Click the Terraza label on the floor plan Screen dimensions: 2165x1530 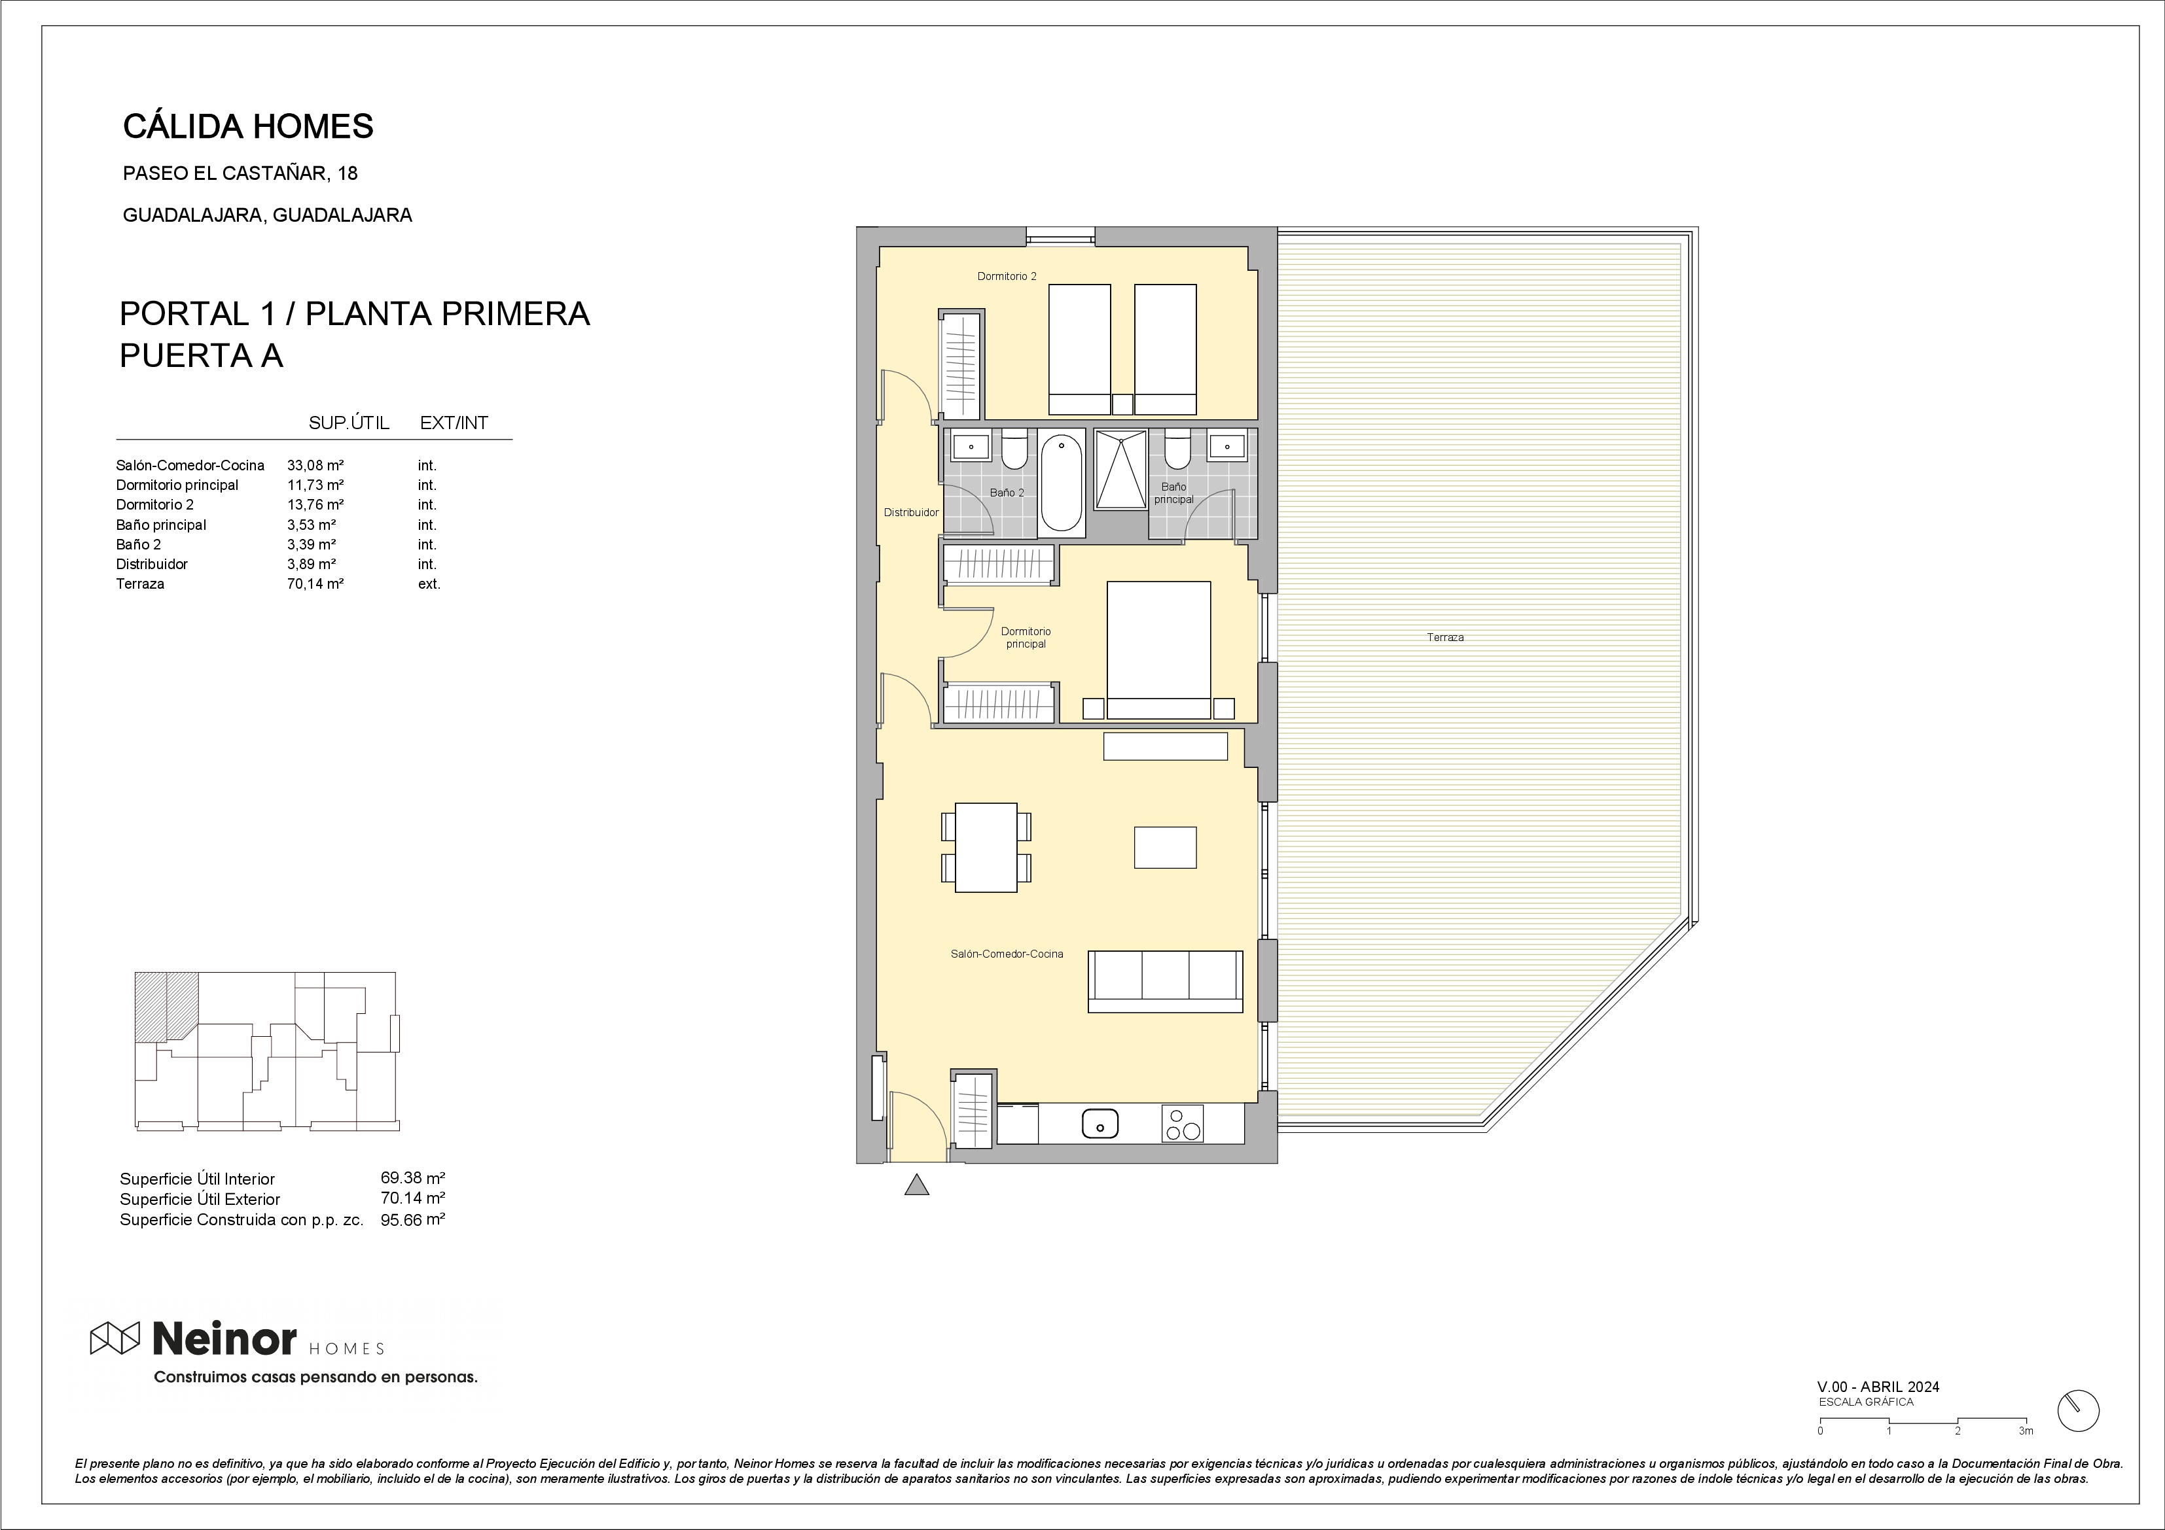pyautogui.click(x=1444, y=637)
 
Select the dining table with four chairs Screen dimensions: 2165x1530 pyautogui.click(x=986, y=846)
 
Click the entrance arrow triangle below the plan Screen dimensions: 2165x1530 pyautogui.click(x=916, y=1185)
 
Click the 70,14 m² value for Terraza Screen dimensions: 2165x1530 pyautogui.click(x=315, y=583)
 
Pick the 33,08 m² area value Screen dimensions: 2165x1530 pyautogui.click(x=315, y=464)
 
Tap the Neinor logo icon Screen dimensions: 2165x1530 pyautogui.click(x=114, y=1338)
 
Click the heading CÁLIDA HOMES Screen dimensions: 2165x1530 pyautogui.click(x=248, y=126)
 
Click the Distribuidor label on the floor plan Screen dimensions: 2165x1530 pyautogui.click(x=911, y=513)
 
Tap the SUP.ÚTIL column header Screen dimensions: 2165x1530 pyautogui.click(x=349, y=423)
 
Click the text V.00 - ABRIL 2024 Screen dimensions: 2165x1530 pyautogui.click(x=1878, y=1387)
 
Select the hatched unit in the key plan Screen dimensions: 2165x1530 pyautogui.click(x=166, y=1006)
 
